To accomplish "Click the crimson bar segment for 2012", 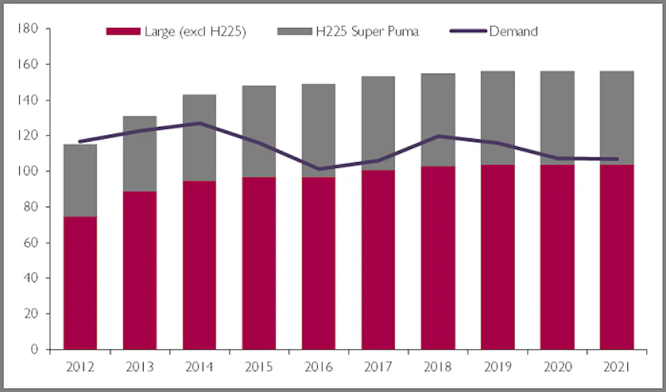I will [x=80, y=282].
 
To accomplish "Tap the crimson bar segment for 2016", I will [x=318, y=262].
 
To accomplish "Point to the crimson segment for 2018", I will [x=438, y=258].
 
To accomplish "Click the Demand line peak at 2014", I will [x=199, y=123].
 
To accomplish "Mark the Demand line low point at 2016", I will [x=318, y=169].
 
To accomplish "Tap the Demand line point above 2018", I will [x=438, y=136].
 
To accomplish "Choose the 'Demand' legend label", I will [x=513, y=31].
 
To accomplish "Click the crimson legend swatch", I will [x=123, y=32].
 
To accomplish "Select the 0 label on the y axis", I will [x=37, y=349].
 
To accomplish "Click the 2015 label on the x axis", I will [x=259, y=366].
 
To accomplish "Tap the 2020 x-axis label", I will [x=557, y=366].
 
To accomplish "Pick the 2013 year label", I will [x=140, y=366].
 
